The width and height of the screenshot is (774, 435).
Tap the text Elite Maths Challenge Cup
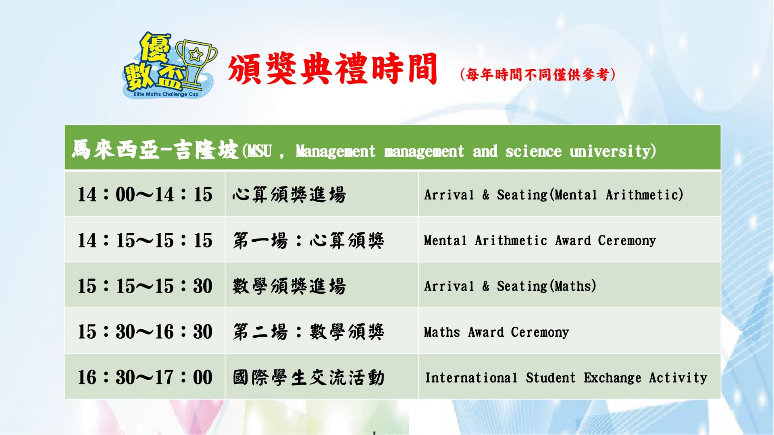click(166, 94)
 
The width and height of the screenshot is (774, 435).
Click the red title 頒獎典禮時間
click(333, 69)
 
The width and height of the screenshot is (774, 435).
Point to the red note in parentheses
click(538, 75)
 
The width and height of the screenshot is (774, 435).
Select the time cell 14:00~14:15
click(145, 195)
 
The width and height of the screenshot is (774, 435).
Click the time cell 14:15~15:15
click(145, 240)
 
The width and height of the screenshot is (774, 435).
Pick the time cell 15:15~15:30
click(145, 286)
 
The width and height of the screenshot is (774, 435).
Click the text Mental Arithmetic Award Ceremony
click(540, 240)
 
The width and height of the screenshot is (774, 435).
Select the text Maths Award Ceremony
click(496, 332)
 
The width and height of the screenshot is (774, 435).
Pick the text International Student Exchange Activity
click(566, 378)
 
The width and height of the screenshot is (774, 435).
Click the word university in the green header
click(613, 151)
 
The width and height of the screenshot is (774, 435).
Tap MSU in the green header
click(260, 151)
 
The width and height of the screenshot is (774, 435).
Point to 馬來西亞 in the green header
click(115, 150)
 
